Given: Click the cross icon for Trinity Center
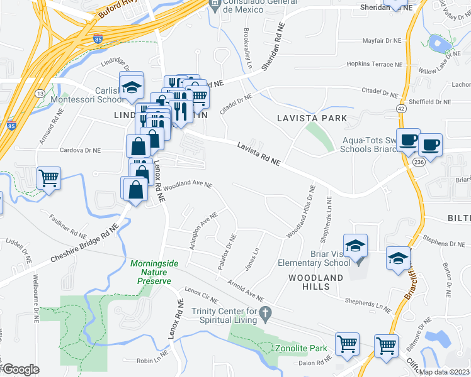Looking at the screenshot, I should click(266, 312).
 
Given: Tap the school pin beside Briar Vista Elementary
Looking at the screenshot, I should click(355, 246).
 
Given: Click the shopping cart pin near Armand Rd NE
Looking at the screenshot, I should click(48, 178).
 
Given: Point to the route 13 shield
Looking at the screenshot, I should click(40, 93).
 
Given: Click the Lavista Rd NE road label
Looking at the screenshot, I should click(258, 155).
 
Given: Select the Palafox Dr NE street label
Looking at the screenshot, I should click(227, 252).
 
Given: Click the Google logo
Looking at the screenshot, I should click(21, 369).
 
